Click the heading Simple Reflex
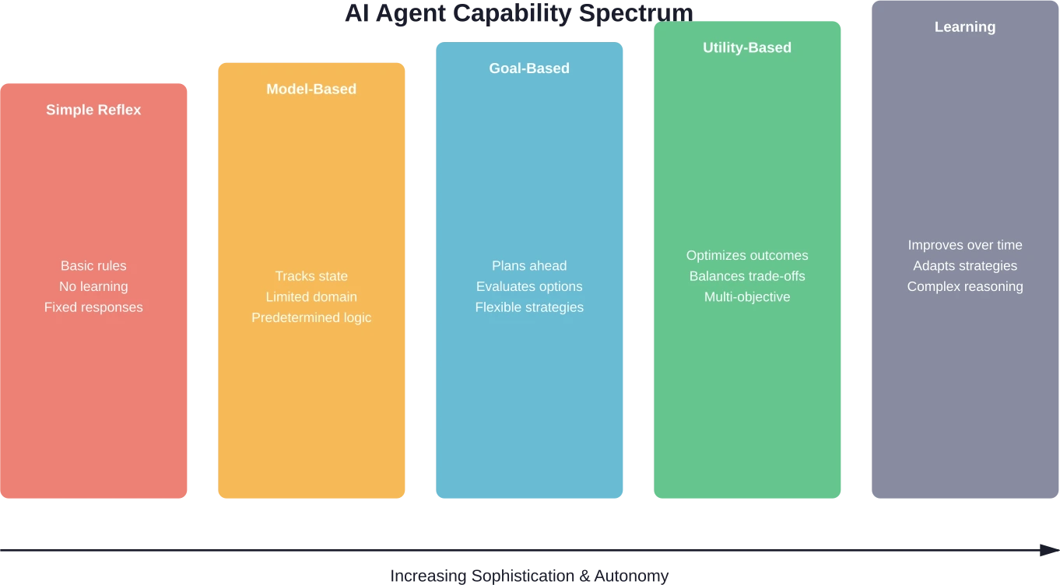click(93, 110)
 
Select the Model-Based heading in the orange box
click(311, 89)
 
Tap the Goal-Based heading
click(529, 68)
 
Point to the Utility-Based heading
click(747, 47)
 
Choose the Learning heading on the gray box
click(965, 26)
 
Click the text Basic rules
click(93, 266)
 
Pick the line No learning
click(93, 286)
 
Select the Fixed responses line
click(93, 307)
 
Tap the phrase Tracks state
click(311, 276)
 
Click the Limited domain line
click(311, 297)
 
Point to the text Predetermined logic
click(311, 317)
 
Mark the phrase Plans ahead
click(529, 266)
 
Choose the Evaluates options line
click(529, 286)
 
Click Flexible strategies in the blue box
click(529, 307)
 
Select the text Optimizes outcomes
click(747, 255)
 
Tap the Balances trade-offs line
click(747, 276)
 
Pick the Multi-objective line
click(747, 297)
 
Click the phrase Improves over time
click(965, 245)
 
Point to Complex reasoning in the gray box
click(965, 286)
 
